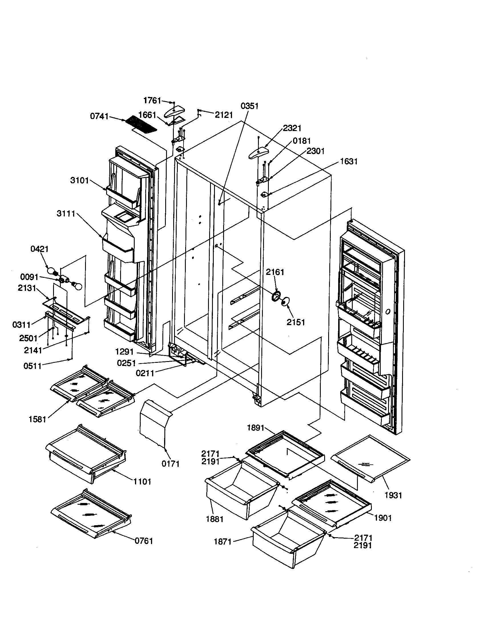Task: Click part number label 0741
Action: pyautogui.click(x=99, y=116)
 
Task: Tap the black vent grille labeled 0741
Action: pyautogui.click(x=141, y=124)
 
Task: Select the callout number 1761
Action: pyautogui.click(x=152, y=100)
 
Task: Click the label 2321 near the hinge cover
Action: pyautogui.click(x=292, y=128)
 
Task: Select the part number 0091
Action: pyautogui.click(x=29, y=277)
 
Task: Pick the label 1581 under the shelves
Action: pyautogui.click(x=37, y=420)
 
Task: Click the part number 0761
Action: pyautogui.click(x=144, y=541)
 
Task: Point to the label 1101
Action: pyautogui.click(x=142, y=481)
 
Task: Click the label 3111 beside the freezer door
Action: pyautogui.click(x=66, y=214)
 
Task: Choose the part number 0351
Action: pyautogui.click(x=249, y=106)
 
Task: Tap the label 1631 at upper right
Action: pyautogui.click(x=349, y=162)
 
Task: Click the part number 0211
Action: pyautogui.click(x=145, y=373)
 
